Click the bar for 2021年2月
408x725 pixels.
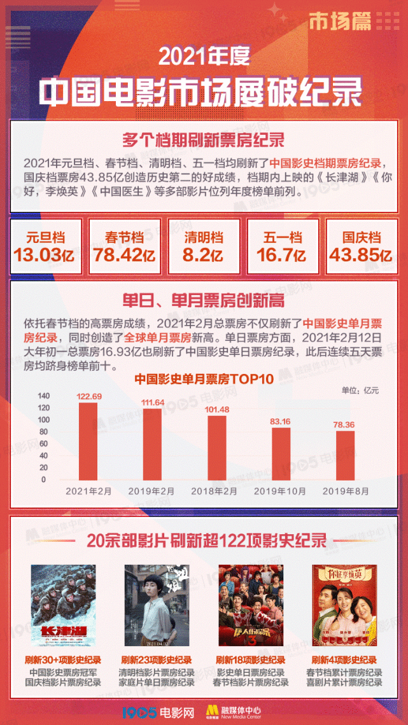(x=88, y=441)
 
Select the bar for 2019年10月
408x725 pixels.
(x=281, y=453)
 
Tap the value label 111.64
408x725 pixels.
(x=152, y=403)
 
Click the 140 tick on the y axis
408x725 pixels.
(x=43, y=396)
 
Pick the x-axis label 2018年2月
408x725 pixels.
(x=216, y=492)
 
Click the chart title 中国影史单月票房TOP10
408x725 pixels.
(x=204, y=380)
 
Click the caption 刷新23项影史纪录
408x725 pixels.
(x=157, y=660)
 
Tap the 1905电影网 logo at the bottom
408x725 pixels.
(x=158, y=710)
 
